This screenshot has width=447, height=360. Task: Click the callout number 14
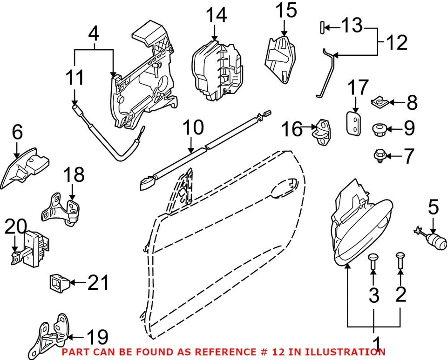(x=217, y=15)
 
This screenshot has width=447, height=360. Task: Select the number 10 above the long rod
(x=192, y=127)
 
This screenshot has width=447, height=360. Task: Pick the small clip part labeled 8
(x=381, y=101)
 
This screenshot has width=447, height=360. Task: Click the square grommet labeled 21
(x=59, y=281)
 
